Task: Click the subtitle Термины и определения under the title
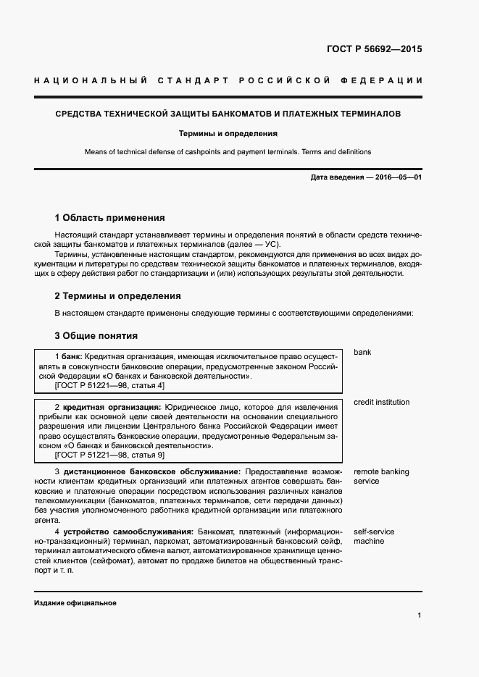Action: click(228, 133)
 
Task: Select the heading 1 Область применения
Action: click(109, 217)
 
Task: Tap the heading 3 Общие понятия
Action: click(96, 335)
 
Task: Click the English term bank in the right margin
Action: click(362, 353)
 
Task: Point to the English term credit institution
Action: click(381, 402)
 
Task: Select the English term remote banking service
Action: click(381, 476)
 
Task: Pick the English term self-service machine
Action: click(374, 537)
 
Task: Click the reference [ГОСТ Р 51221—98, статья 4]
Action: click(109, 386)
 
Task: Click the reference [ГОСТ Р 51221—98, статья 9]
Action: click(109, 455)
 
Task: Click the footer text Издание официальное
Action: click(75, 603)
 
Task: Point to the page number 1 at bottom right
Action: click(420, 615)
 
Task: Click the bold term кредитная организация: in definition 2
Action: click(111, 407)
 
